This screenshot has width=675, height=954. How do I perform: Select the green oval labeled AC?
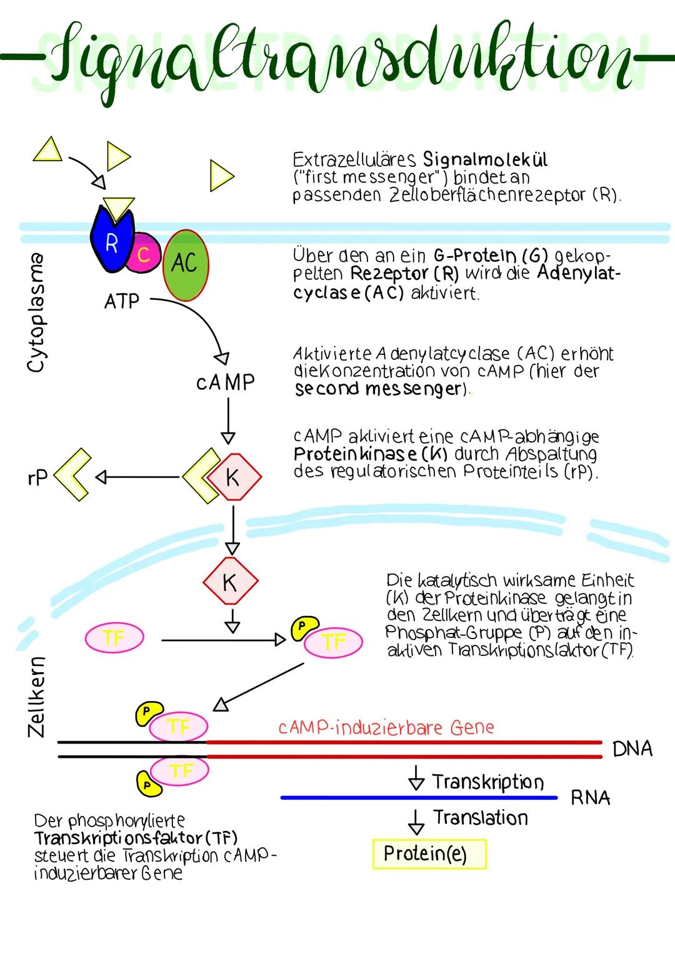click(x=186, y=265)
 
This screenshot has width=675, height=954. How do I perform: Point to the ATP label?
click(x=122, y=302)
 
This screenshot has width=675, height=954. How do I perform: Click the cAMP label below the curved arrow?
click(x=226, y=382)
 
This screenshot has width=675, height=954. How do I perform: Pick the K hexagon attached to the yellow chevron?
click(x=233, y=478)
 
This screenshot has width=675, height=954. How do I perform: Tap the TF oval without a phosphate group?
click(x=114, y=638)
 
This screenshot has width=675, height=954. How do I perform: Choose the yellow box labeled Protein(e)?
click(x=429, y=854)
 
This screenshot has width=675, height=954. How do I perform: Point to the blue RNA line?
click(x=419, y=798)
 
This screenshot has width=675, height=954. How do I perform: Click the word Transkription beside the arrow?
click(x=488, y=782)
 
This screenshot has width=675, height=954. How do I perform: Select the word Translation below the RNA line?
click(x=481, y=818)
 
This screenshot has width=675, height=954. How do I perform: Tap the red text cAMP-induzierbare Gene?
click(x=386, y=728)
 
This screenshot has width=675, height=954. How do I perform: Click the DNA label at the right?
click(x=632, y=748)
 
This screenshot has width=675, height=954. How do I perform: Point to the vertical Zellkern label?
click(x=36, y=696)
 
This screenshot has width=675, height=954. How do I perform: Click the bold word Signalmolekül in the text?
click(x=485, y=159)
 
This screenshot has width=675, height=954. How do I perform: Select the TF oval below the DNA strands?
click(x=180, y=772)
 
